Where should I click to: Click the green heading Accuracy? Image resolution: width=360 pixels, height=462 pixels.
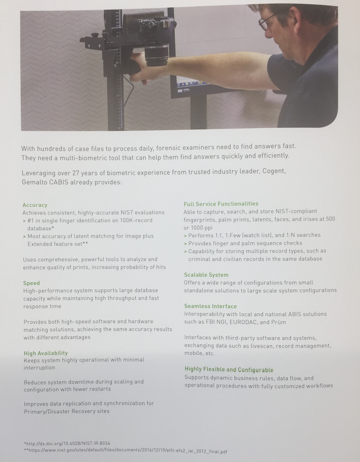pos(35,205)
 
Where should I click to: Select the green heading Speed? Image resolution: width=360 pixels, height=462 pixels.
pos(31,283)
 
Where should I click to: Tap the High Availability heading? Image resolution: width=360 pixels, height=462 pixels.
pos(46,353)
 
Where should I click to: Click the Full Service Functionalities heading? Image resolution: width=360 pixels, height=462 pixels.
pos(221,204)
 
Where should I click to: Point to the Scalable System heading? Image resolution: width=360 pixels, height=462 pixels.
pos(206,275)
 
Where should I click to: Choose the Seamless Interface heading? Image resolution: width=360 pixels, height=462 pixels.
pos(210,306)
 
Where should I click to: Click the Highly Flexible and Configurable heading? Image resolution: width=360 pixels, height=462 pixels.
pos(229,370)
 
